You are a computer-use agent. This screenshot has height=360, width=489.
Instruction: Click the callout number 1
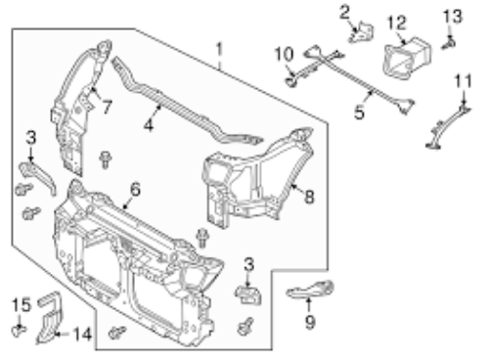tap(219, 50)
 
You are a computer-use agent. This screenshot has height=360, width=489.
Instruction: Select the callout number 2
tap(344, 13)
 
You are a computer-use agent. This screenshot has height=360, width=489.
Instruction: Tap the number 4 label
tap(149, 124)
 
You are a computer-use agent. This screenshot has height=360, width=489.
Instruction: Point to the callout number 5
tap(359, 112)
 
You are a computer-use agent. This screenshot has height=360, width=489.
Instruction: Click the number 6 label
tap(135, 189)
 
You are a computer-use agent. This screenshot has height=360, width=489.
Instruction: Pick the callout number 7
tap(108, 108)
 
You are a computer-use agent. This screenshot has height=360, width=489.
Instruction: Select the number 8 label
tap(309, 197)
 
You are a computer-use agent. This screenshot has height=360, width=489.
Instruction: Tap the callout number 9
tap(310, 322)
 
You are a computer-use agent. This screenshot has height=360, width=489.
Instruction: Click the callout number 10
tap(284, 54)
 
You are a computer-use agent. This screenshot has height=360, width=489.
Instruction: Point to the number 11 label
tap(464, 81)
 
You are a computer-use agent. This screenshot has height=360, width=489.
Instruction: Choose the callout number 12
tap(397, 22)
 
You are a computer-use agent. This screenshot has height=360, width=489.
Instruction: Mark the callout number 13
tap(453, 17)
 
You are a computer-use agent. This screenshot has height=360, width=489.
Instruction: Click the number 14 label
tap(82, 334)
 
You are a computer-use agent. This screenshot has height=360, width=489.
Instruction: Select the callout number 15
tap(22, 305)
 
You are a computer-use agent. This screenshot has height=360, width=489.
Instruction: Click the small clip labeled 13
tap(449, 43)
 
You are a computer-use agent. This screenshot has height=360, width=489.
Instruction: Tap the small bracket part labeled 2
tap(362, 32)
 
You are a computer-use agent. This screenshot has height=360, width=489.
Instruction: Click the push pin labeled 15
tap(20, 331)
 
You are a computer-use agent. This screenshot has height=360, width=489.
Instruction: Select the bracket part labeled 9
tap(310, 290)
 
